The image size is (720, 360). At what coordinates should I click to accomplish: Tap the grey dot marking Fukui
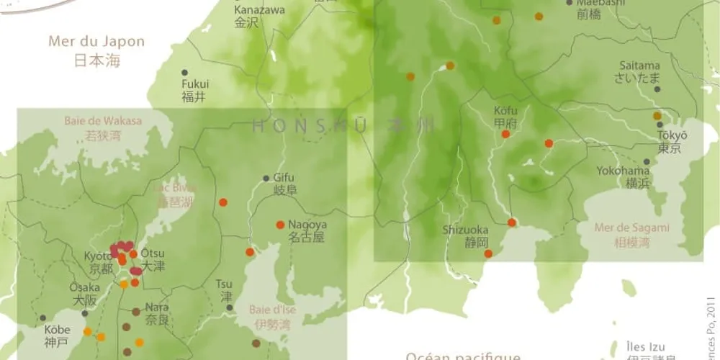[184, 73]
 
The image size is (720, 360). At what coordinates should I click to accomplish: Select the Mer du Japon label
[96, 49]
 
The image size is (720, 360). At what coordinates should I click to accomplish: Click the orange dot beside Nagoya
[280, 225]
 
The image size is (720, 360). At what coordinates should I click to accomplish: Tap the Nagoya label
[307, 230]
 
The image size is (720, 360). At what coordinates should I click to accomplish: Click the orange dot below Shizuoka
[488, 253]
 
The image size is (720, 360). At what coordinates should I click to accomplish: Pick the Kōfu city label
[505, 117]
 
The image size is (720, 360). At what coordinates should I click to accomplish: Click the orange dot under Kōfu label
[505, 134]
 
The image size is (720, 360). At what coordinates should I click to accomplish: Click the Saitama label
[639, 71]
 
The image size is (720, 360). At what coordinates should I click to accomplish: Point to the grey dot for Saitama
[657, 89]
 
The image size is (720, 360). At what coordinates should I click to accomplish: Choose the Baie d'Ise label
[272, 316]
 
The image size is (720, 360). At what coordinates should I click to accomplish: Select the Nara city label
[157, 312]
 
